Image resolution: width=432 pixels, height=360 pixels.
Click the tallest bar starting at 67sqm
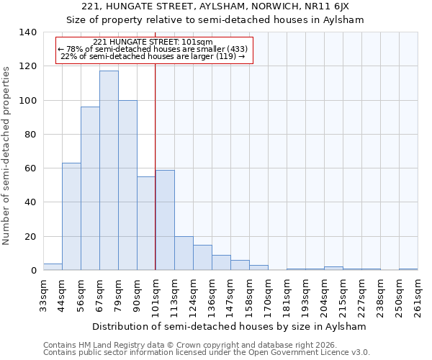[109, 171]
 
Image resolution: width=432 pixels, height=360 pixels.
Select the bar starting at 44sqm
[71, 217]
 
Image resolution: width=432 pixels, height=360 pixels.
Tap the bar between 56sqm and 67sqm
[90, 189]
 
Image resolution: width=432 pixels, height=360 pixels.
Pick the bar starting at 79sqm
[127, 185]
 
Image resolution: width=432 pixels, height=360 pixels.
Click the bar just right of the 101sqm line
[165, 220]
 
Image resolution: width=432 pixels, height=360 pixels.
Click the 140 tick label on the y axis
[27, 32]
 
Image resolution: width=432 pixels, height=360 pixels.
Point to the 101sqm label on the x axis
[156, 295]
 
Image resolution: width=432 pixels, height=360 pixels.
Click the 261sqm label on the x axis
[418, 295]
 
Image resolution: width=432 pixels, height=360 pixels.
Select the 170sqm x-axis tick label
[269, 295]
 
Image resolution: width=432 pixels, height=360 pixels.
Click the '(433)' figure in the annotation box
[237, 49]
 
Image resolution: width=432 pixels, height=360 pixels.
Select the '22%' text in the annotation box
[68, 56]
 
